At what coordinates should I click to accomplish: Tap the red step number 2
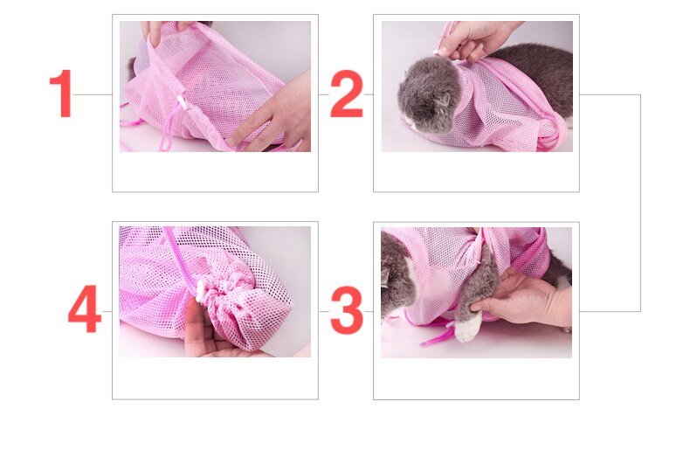click(346, 94)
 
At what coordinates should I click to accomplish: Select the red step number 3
click(346, 312)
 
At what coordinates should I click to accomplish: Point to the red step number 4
click(85, 312)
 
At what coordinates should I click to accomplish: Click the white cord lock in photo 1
click(183, 103)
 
